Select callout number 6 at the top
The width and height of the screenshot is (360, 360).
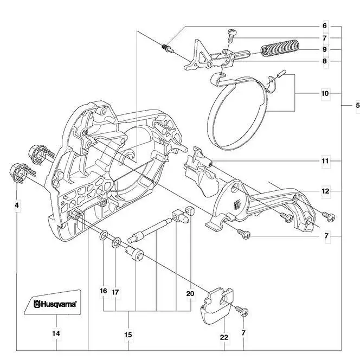(325, 26)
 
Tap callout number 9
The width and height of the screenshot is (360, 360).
(325, 49)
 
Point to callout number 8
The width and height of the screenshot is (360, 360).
(325, 61)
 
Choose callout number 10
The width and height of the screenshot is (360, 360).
(325, 93)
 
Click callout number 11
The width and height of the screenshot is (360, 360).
(325, 161)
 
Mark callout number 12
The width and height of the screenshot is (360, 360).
(325, 191)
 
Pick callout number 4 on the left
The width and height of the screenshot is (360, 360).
(17, 205)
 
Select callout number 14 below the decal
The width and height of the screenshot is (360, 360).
(56, 334)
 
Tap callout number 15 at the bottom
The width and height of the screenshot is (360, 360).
(128, 335)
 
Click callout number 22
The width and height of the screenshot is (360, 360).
(224, 337)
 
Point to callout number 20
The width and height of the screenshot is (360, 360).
(190, 293)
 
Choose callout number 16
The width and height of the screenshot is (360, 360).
(103, 291)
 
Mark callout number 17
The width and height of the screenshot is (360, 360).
(115, 292)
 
